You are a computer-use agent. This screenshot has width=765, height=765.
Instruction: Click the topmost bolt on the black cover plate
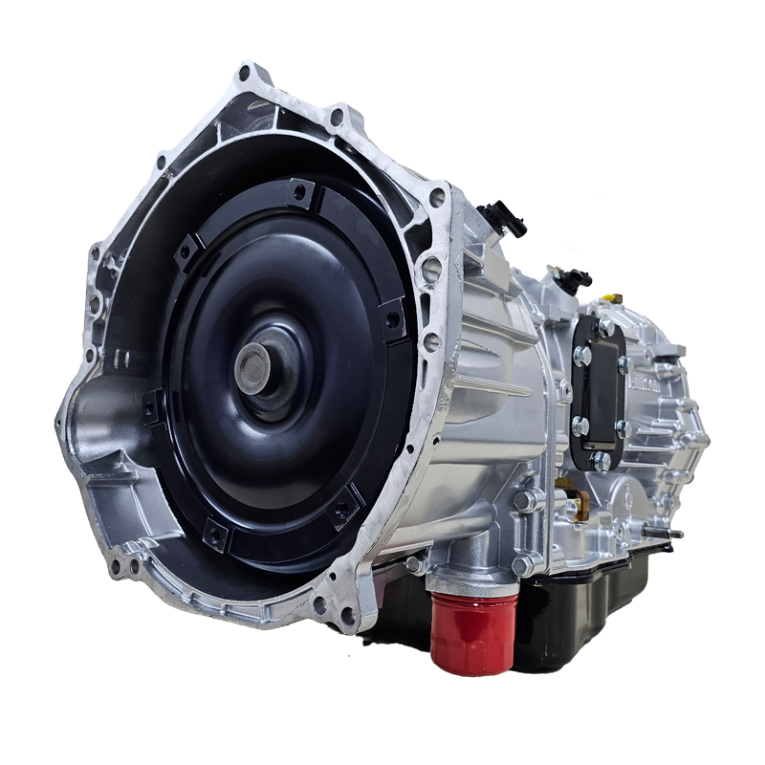coord(604,328)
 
